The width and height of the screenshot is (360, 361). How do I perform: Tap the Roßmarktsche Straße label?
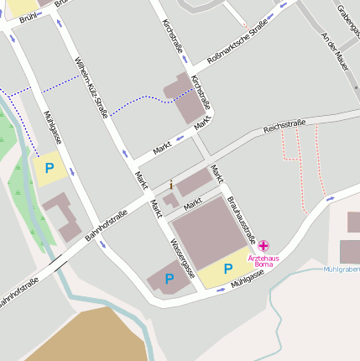[x=237, y=42]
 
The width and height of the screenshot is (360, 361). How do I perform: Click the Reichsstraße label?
[x=284, y=127]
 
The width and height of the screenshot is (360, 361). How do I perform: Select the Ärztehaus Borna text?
[x=263, y=260]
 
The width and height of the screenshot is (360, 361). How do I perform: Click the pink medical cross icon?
[x=263, y=245]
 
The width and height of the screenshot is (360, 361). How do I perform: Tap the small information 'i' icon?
[x=171, y=184]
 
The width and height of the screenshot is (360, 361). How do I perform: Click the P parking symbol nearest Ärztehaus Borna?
[x=227, y=269]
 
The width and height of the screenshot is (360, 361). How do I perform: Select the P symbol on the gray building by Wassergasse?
[x=169, y=279]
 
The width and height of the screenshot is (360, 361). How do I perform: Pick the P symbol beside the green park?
[x=49, y=168]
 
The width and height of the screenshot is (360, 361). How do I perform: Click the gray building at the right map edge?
[x=349, y=251]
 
